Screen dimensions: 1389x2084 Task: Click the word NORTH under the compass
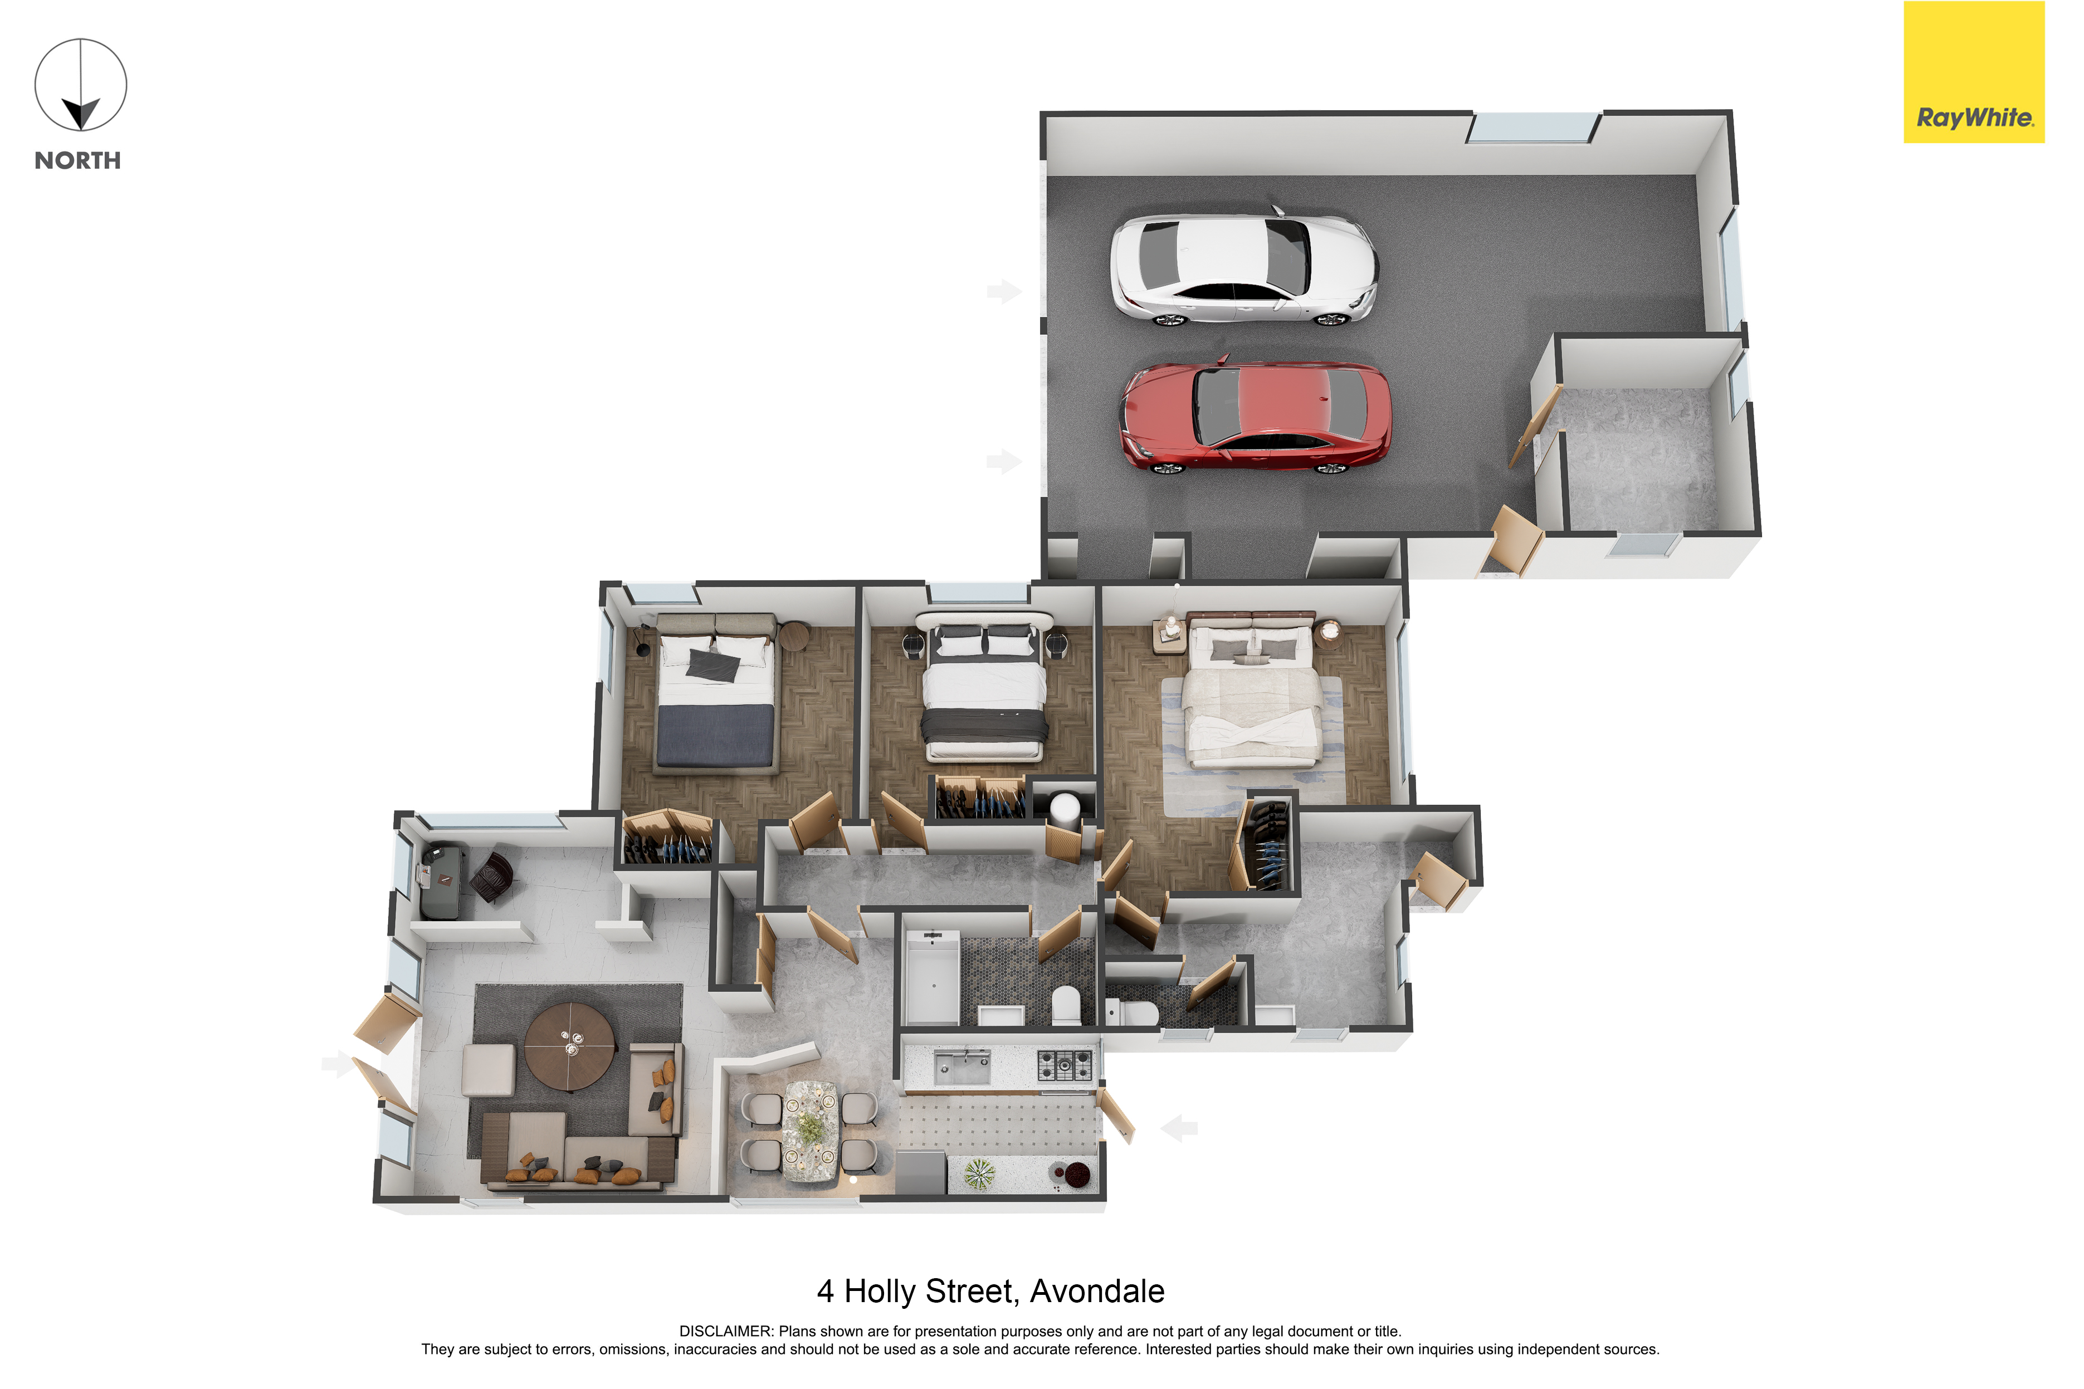pyautogui.click(x=78, y=161)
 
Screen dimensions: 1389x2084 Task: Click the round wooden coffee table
pyautogui.click(x=570, y=1046)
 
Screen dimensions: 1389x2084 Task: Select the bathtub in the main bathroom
pyautogui.click(x=931, y=980)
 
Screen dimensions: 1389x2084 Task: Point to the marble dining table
pyautogui.click(x=809, y=1131)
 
